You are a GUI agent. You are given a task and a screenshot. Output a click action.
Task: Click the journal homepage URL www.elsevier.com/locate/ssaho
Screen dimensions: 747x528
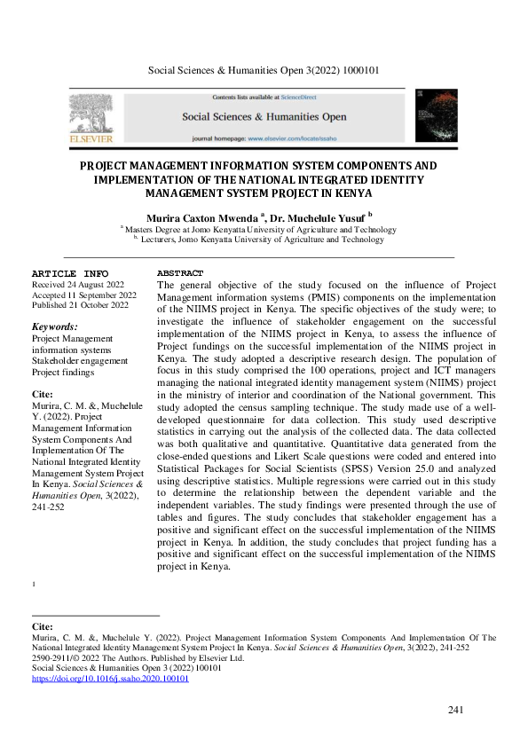[x=296, y=139]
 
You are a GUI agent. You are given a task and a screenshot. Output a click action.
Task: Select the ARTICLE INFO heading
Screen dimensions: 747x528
[x=70, y=273]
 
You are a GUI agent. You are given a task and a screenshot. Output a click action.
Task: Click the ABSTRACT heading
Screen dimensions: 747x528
[x=180, y=273]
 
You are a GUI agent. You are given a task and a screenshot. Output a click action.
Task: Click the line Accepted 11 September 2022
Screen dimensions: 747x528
[x=83, y=295]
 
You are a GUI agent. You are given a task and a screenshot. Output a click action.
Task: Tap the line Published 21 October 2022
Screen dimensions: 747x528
[x=80, y=305]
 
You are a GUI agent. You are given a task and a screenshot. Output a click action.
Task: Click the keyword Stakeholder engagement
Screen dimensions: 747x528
[x=80, y=361]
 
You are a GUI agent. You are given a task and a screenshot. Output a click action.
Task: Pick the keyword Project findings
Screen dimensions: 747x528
[x=66, y=372]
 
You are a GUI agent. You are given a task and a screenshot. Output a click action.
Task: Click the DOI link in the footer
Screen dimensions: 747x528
[x=110, y=678]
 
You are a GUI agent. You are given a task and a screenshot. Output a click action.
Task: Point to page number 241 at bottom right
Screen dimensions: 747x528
[x=456, y=709]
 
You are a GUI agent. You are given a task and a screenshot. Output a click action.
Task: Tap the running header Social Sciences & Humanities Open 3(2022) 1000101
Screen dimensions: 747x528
[x=264, y=69]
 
